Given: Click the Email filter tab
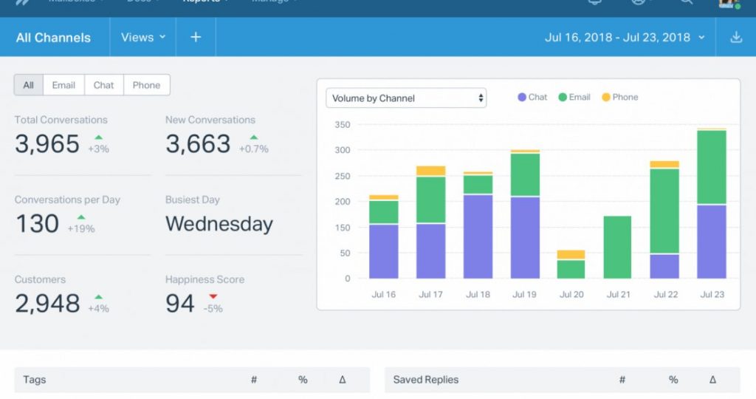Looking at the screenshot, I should click(x=63, y=85).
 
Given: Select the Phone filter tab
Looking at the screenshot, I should click(x=146, y=85).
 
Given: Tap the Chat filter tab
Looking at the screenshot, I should click(x=103, y=85).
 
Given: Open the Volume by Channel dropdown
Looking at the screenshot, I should click(x=406, y=98).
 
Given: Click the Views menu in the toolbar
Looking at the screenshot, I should click(x=143, y=37).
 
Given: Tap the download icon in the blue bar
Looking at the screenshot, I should click(x=735, y=37).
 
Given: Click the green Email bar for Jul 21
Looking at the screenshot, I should click(x=618, y=247).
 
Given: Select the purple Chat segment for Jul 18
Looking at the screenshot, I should click(x=478, y=236).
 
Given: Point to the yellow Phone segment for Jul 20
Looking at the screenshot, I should click(x=571, y=254).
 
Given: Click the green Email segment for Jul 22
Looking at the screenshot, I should click(x=664, y=211).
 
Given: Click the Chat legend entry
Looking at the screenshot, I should click(x=532, y=97).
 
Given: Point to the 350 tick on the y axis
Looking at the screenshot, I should click(x=342, y=124).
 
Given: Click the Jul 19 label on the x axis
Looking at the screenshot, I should click(x=524, y=294).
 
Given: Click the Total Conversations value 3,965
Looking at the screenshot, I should click(x=47, y=143).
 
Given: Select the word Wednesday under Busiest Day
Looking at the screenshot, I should click(x=219, y=224).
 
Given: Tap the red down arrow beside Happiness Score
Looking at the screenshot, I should click(x=213, y=297).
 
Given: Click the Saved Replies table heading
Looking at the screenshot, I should click(x=426, y=380).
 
